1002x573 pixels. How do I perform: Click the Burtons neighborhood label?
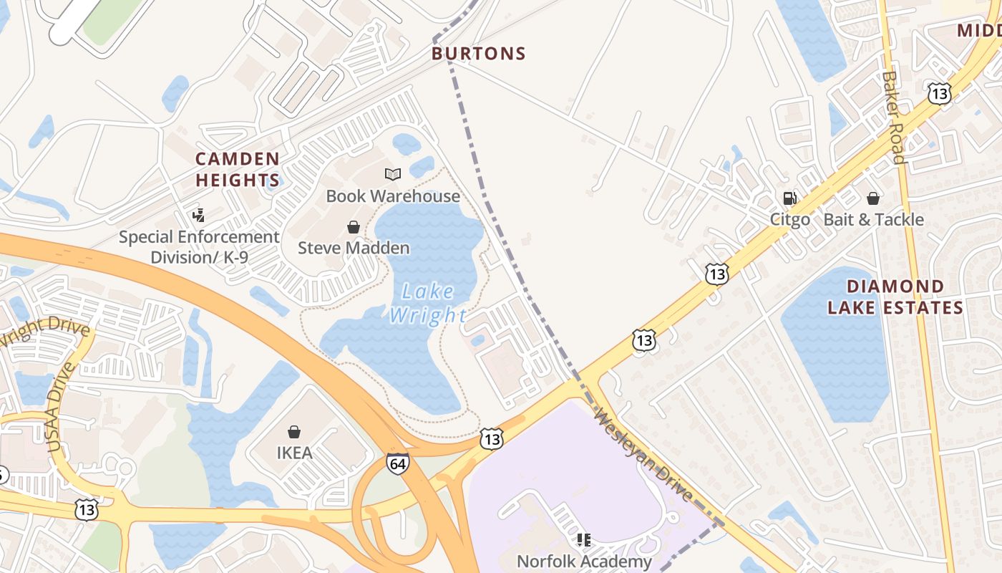pyautogui.click(x=479, y=54)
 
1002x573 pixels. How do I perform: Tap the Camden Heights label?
pyautogui.click(x=237, y=169)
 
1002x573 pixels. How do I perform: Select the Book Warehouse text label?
pyautogui.click(x=393, y=196)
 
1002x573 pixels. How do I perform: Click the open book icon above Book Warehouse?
pyautogui.click(x=393, y=174)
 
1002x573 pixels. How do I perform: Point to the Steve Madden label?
pyautogui.click(x=354, y=248)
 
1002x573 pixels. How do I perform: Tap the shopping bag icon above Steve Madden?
pyautogui.click(x=354, y=227)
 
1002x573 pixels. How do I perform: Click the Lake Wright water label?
pyautogui.click(x=428, y=303)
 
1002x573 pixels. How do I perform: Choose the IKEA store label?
pyautogui.click(x=294, y=453)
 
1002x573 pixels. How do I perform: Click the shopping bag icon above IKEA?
pyautogui.click(x=294, y=432)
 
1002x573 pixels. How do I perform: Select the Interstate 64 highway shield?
pyautogui.click(x=398, y=463)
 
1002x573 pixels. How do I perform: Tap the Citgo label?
pyautogui.click(x=790, y=219)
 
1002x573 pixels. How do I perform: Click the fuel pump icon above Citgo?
pyautogui.click(x=790, y=198)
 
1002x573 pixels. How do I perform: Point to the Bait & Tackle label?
pyautogui.click(x=873, y=219)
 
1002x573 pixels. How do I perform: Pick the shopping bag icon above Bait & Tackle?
pyautogui.click(x=873, y=198)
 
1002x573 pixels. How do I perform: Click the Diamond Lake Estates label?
pyautogui.click(x=895, y=297)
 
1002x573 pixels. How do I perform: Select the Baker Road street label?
pyautogui.click(x=895, y=117)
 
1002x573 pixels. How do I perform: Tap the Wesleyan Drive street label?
pyautogui.click(x=643, y=456)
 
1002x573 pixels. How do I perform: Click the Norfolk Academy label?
pyautogui.click(x=584, y=561)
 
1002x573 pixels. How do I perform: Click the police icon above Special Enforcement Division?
pyautogui.click(x=199, y=214)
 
